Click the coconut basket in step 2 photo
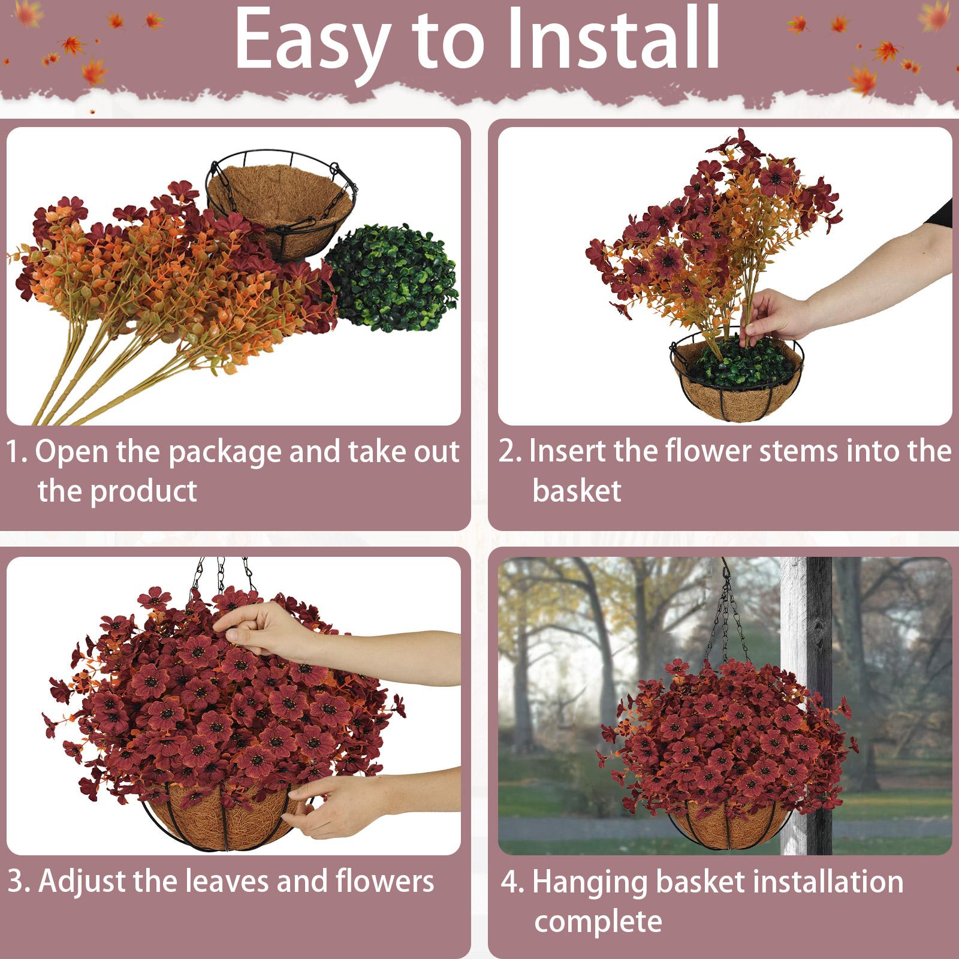(737, 390)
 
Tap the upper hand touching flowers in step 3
(264, 632)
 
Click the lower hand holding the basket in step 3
(336, 800)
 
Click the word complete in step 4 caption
(598, 921)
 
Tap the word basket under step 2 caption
(577, 490)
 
